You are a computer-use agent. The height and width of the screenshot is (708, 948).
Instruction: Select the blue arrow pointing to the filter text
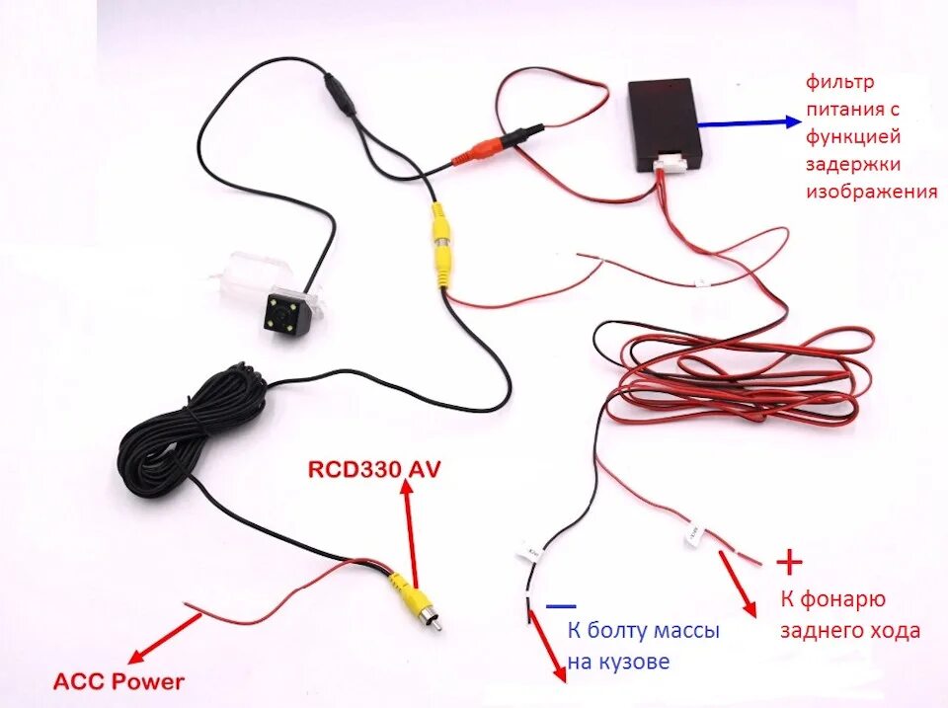pyautogui.click(x=750, y=122)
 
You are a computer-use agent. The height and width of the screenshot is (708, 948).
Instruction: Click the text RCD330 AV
pyautogui.click(x=374, y=468)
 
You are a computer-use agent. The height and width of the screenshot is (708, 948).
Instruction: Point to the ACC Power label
pyautogui.click(x=118, y=681)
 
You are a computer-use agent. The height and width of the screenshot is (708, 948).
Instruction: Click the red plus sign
pyautogui.click(x=789, y=562)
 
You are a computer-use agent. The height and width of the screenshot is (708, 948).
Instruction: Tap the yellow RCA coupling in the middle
pyautogui.click(x=440, y=247)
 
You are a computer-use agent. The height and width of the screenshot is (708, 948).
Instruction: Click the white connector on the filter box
pyautogui.click(x=678, y=165)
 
